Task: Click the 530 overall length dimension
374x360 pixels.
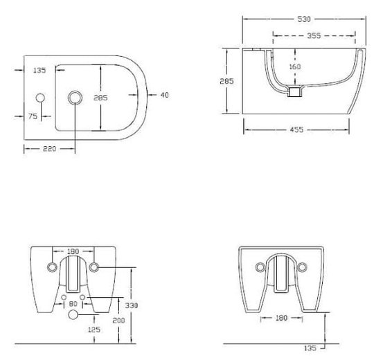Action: coord(304,19)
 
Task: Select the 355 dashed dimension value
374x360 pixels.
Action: coord(314,36)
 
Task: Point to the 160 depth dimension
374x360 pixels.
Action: coord(295,66)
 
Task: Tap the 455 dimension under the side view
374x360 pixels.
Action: coord(296,129)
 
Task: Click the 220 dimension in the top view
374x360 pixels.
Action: coord(49,149)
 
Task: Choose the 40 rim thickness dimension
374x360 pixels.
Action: coord(165,95)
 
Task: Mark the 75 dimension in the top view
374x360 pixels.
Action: coord(33,116)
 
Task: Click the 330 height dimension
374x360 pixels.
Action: coord(132,305)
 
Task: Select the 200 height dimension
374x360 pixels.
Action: coord(118,321)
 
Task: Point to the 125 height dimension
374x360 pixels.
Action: coord(94,330)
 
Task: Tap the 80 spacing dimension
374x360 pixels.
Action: coord(73,304)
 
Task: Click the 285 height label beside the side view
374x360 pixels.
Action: coord(226,81)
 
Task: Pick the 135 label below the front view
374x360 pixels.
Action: coord(310,348)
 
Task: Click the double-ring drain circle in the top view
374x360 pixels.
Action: coord(75,98)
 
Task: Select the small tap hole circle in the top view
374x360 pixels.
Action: coord(40,98)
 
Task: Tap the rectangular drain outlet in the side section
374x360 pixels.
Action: coord(295,92)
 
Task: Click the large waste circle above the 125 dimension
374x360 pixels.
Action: coord(73,314)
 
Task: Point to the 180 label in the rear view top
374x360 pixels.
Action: coord(73,251)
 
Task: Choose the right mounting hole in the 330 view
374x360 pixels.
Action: coord(94,267)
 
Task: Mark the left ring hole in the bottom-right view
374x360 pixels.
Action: coord(260,267)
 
